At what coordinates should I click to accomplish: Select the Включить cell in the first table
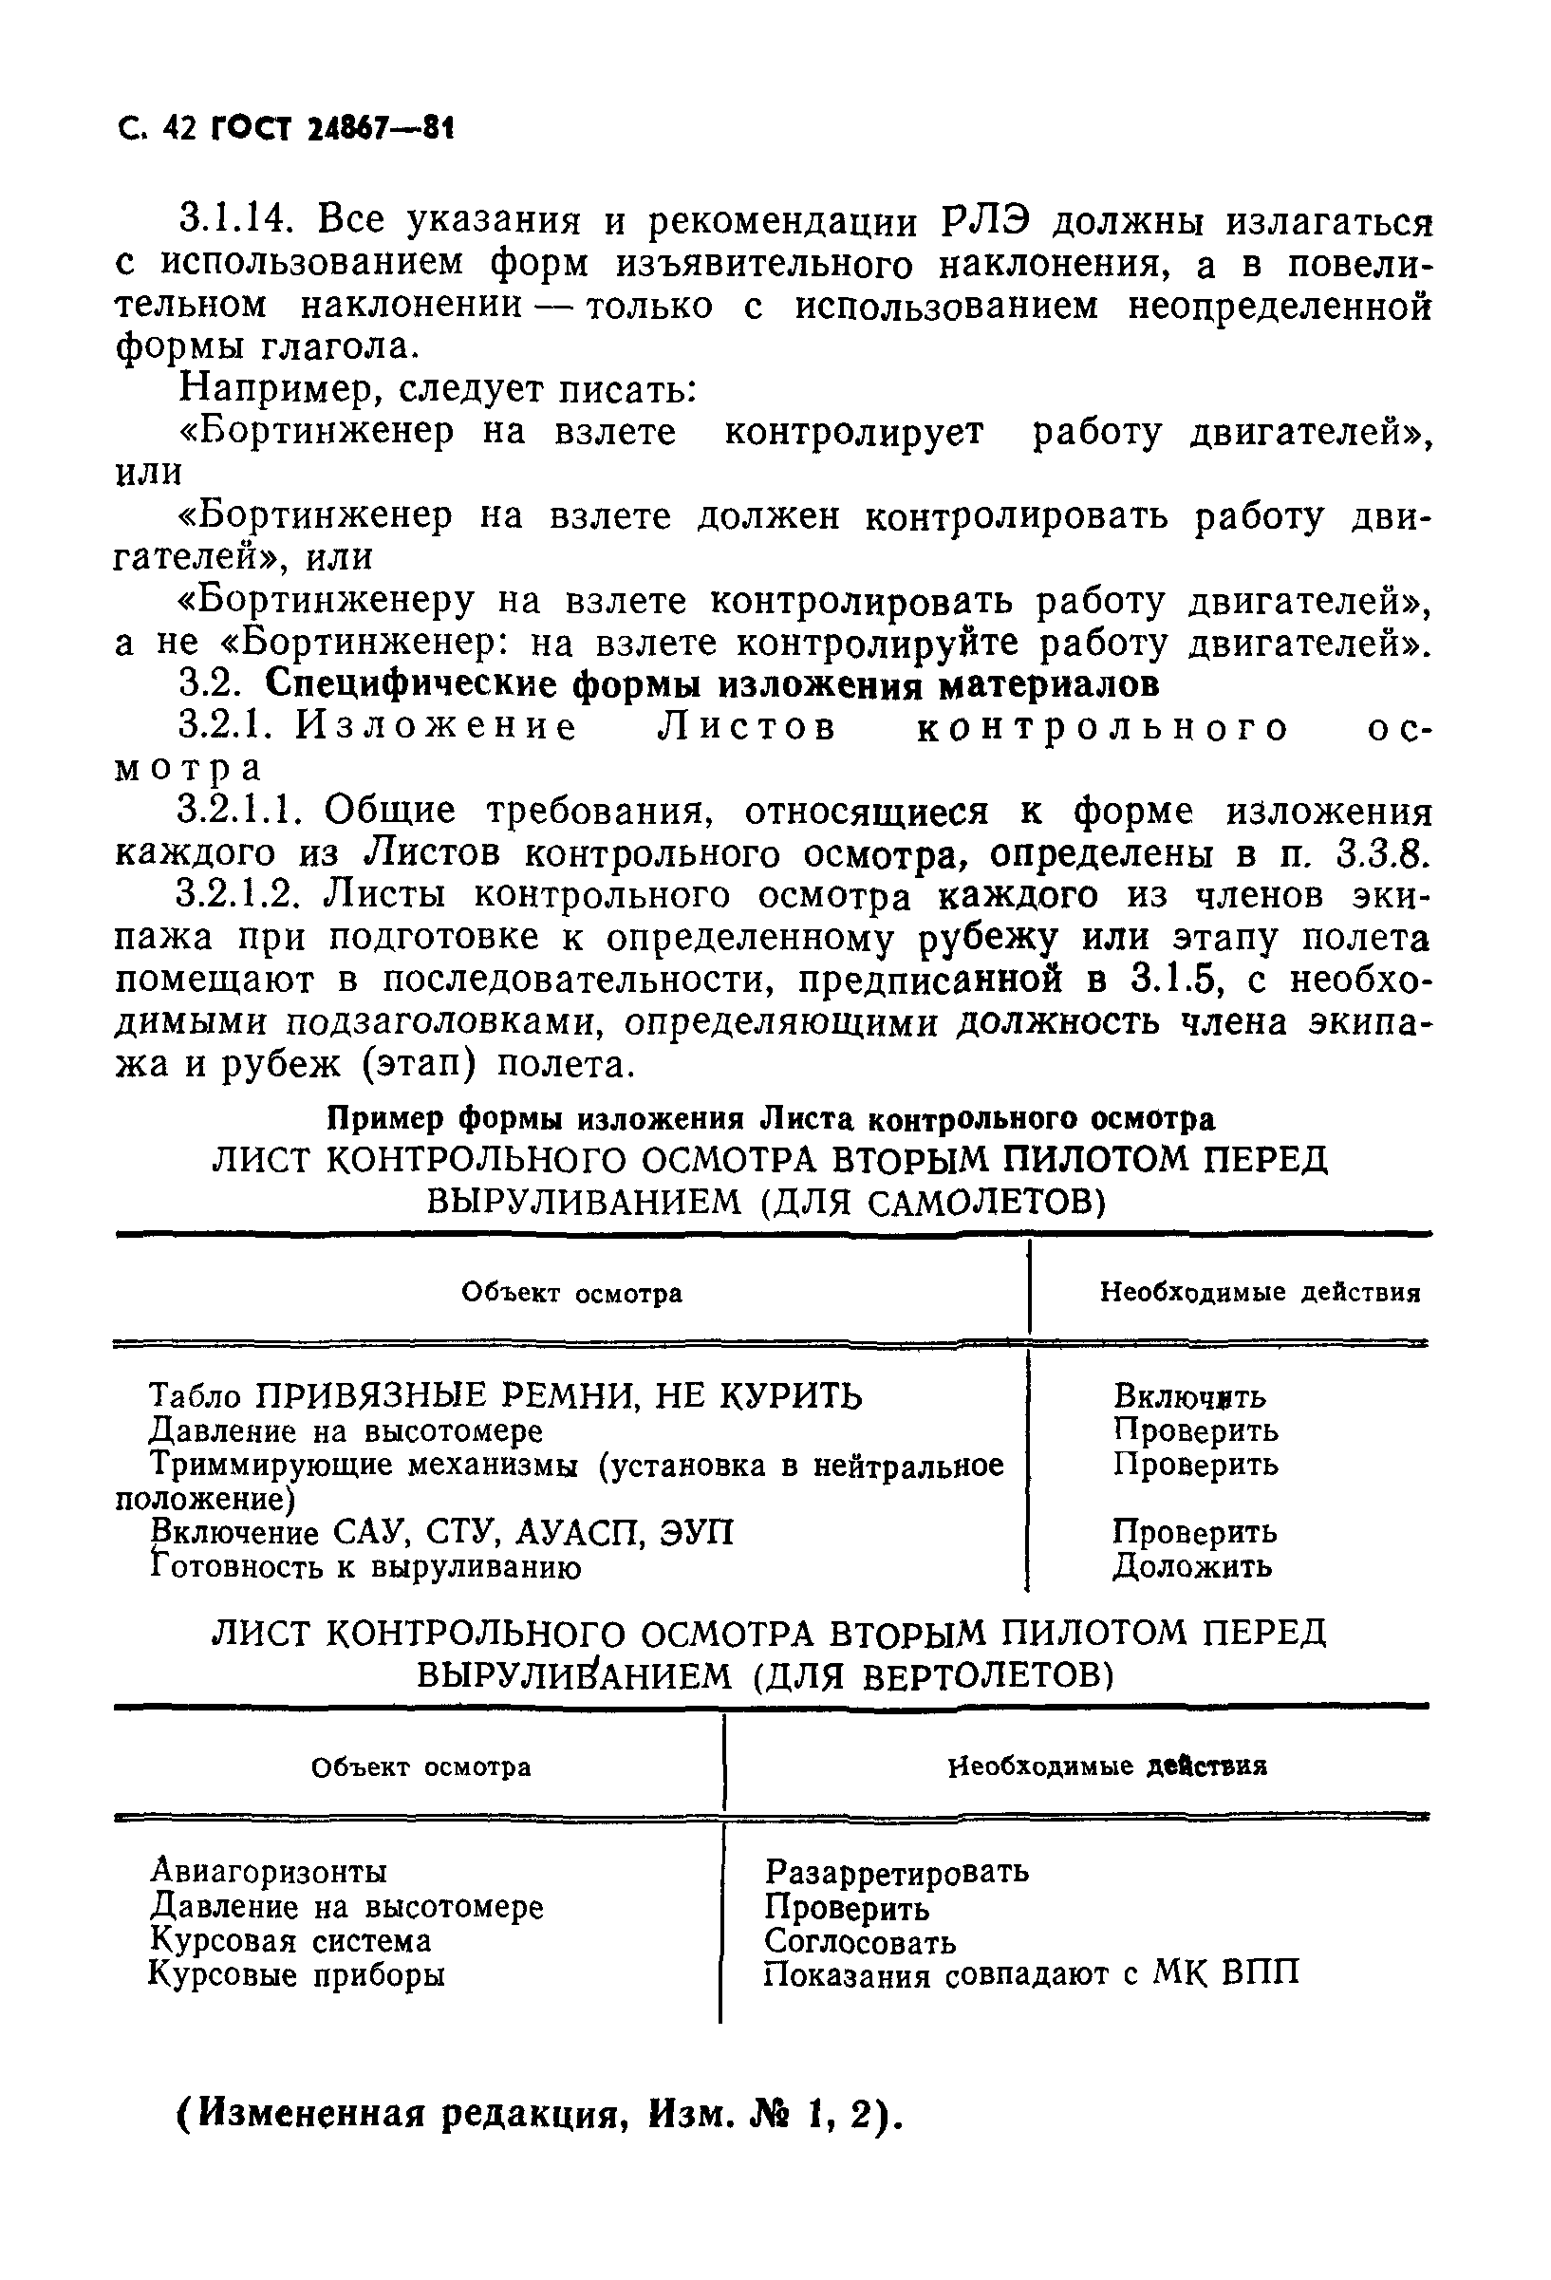click(1189, 1396)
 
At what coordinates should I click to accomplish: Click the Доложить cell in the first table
click(1192, 1567)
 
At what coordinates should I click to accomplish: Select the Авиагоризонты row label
click(269, 1872)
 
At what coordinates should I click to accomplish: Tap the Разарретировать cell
click(897, 1872)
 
